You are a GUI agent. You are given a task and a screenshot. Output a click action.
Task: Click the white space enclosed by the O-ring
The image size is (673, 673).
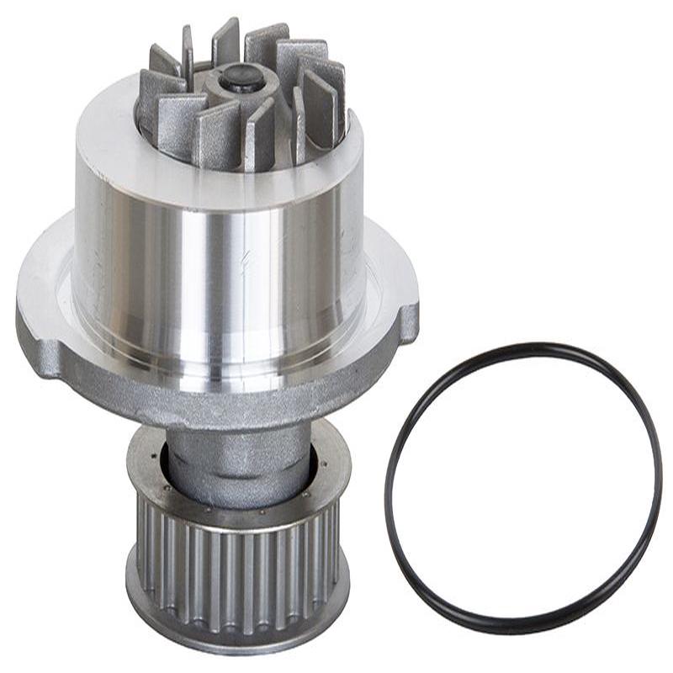[522, 488]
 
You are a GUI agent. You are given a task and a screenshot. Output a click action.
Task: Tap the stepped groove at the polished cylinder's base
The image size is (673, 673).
[219, 358]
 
